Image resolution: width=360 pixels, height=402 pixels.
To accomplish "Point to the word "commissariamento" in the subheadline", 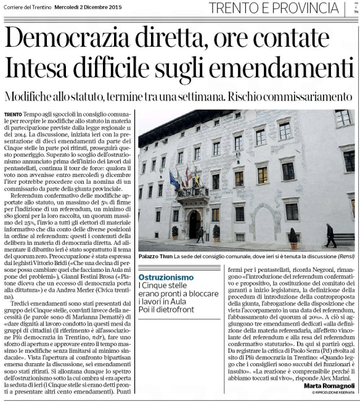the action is click(x=313, y=97).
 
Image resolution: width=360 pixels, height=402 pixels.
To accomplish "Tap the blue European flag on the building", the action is click(x=174, y=181).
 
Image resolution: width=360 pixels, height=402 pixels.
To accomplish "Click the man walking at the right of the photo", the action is click(x=331, y=235).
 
